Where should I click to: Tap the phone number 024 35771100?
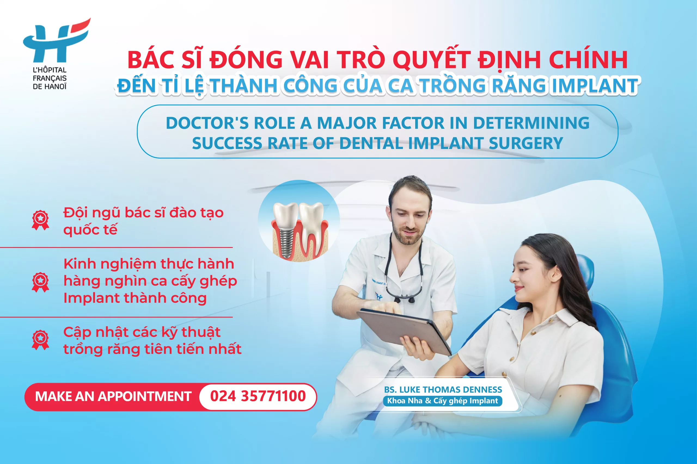[x=258, y=396]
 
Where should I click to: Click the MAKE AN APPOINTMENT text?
[x=113, y=397]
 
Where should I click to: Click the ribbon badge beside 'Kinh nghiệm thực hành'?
[x=40, y=282]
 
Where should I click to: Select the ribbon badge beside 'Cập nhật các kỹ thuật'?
[x=40, y=340]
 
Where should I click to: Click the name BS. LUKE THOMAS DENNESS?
[x=443, y=390]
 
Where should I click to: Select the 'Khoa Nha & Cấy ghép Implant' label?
[x=442, y=401]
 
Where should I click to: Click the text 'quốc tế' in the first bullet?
[x=90, y=230]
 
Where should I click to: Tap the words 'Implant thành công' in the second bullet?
[x=135, y=298]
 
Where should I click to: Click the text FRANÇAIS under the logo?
[x=50, y=78]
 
